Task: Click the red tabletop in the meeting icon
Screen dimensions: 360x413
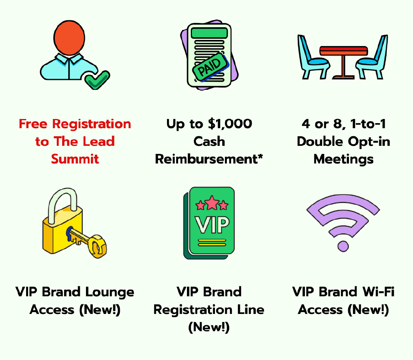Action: click(343, 50)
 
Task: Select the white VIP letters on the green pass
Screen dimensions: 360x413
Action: click(212, 225)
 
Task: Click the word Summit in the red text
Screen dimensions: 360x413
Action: click(75, 159)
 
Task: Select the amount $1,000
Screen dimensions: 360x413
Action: click(230, 124)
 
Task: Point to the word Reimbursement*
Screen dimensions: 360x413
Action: click(209, 159)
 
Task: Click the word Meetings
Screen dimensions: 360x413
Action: click(344, 159)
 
